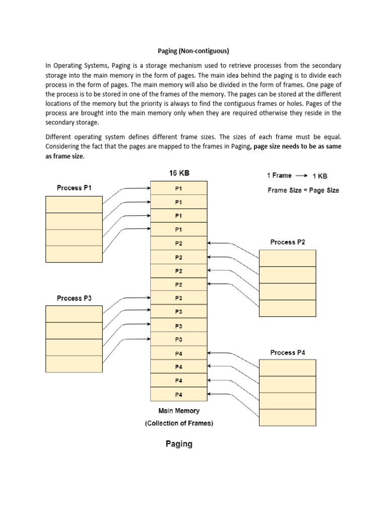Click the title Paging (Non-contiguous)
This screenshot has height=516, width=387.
(193, 51)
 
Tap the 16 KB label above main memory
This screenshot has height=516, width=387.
(179, 173)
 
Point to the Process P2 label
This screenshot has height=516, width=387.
(287, 242)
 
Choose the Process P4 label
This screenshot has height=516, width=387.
(287, 353)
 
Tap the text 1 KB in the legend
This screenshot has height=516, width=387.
(320, 176)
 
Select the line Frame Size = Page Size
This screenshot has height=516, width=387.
(303, 190)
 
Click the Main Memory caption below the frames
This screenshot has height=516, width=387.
(179, 411)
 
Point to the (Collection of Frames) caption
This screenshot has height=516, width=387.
(179, 423)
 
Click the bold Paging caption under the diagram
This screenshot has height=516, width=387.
(179, 444)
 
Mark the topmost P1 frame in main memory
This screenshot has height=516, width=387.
(179, 188)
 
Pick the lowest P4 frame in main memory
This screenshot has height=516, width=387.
(179, 394)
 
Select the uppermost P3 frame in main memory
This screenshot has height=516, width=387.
(179, 298)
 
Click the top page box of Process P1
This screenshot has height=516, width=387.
(74, 204)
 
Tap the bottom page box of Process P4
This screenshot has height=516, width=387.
(287, 418)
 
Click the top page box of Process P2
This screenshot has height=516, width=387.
(287, 258)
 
